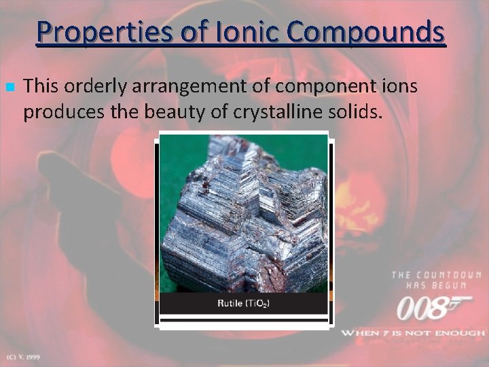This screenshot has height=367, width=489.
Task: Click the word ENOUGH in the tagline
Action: pos(462,333)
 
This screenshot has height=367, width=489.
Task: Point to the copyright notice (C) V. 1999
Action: pos(23,356)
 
